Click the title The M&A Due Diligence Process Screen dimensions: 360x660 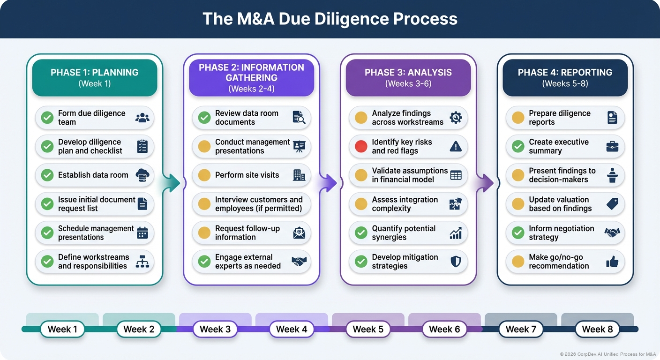click(330, 19)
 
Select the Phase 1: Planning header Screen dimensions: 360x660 click(94, 78)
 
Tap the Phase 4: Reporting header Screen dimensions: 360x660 click(565, 78)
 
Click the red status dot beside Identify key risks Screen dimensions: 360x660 click(361, 146)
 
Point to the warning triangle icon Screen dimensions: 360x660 click(455, 146)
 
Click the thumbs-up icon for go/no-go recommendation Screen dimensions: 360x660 click(612, 262)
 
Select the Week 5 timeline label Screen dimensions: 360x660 click(368, 329)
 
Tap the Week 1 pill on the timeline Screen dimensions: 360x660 click(62, 329)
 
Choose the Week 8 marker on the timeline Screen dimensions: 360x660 click(597, 329)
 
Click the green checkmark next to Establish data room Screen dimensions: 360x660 click(47, 175)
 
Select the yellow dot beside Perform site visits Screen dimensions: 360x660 click(204, 175)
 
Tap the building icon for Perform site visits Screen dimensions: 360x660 click(299, 175)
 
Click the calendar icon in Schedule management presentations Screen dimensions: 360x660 click(142, 233)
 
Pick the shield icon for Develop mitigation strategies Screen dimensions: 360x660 click(455, 262)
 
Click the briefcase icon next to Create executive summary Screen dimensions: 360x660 click(612, 146)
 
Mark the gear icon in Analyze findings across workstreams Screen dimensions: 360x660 click(455, 118)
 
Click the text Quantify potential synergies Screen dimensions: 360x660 click(404, 233)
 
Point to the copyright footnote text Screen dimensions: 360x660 click(607, 354)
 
